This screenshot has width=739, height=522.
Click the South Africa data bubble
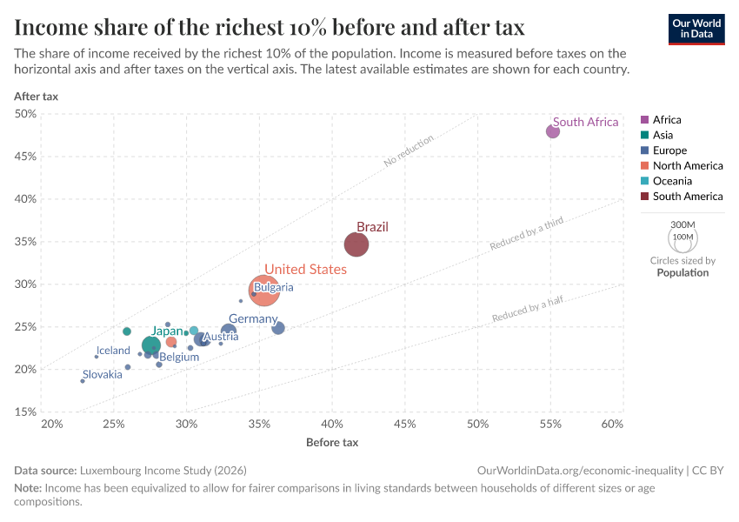coord(553,131)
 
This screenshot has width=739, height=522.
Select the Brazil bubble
coord(356,244)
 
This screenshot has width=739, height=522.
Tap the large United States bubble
coord(264,290)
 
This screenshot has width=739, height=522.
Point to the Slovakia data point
coord(83,381)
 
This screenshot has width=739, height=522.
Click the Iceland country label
coord(113,351)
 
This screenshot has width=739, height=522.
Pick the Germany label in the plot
coord(253,319)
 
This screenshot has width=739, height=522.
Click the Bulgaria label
coord(274,287)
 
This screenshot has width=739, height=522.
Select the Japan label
coord(167,331)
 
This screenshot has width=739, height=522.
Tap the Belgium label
coord(179,357)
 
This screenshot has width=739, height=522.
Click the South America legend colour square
coord(644,197)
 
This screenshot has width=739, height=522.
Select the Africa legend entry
coord(667,119)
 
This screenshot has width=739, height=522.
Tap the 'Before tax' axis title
coord(332,443)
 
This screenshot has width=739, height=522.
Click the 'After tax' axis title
coord(36,96)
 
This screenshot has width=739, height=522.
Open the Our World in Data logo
coord(696,28)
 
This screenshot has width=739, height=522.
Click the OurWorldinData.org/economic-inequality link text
coord(580,470)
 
